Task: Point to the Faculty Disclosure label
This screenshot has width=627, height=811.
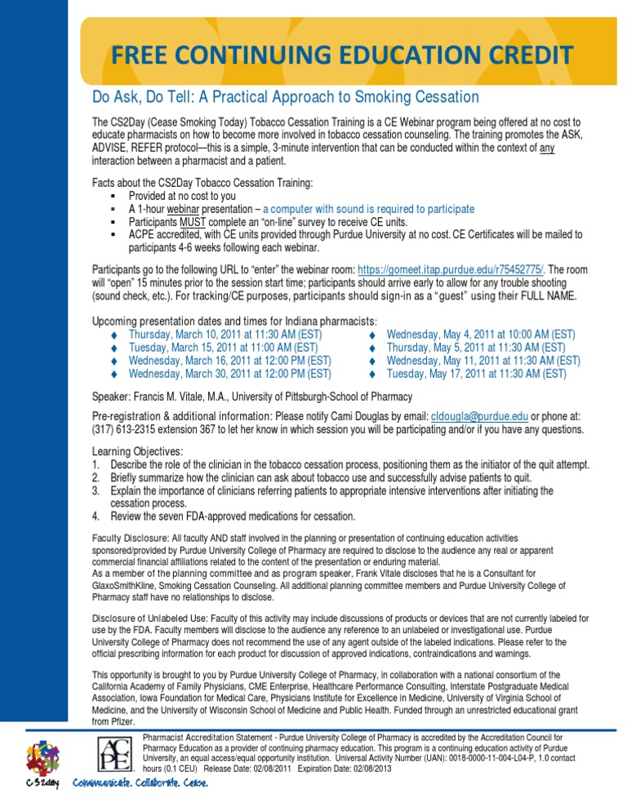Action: click(131, 538)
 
